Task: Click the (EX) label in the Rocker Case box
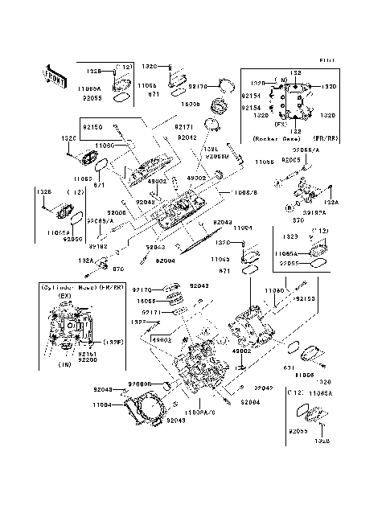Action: pyautogui.click(x=280, y=125)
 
